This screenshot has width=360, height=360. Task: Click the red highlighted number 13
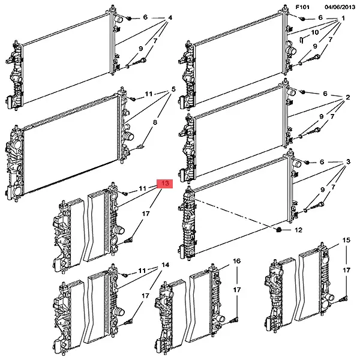click(x=164, y=184)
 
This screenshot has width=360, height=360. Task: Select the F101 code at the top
click(x=302, y=7)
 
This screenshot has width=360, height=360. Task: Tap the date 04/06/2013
click(x=340, y=7)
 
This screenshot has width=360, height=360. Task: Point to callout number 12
click(x=298, y=230)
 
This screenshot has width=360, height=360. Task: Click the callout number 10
click(x=315, y=32)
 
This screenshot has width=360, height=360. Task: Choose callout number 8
click(x=155, y=122)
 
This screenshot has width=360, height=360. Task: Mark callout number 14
click(x=166, y=265)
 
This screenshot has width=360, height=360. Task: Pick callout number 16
click(x=237, y=261)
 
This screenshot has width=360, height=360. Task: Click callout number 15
click(x=346, y=240)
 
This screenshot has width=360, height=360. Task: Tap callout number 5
click(x=173, y=89)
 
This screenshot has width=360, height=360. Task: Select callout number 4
click(x=170, y=17)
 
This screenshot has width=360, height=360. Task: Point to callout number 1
click(x=343, y=18)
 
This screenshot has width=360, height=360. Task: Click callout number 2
click(x=348, y=97)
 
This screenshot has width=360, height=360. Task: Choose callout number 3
click(x=348, y=161)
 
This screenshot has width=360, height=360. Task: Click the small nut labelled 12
click(x=278, y=230)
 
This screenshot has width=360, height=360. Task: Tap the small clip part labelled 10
click(x=302, y=40)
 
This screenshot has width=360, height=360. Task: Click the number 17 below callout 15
click(x=346, y=270)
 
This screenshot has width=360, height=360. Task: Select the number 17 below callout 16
click(x=237, y=290)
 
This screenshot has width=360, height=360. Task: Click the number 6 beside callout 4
click(x=145, y=17)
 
